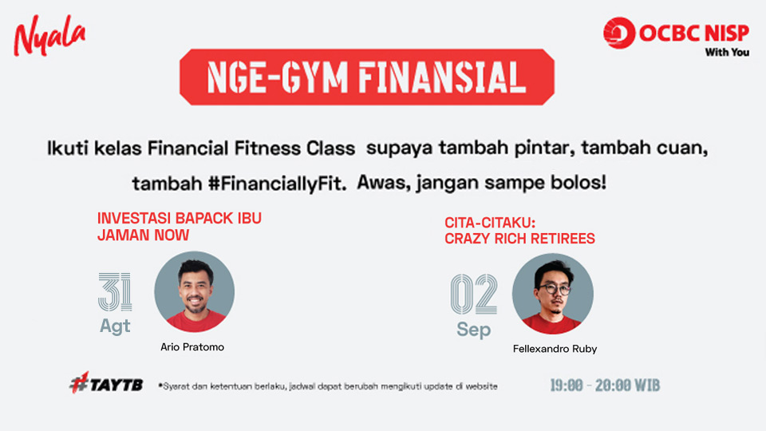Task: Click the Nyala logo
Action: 49,35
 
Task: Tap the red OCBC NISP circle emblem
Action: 619,33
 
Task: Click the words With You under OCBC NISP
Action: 727,53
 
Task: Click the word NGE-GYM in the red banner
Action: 277,77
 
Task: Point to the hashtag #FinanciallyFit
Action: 277,184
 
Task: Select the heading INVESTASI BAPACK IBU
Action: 180,218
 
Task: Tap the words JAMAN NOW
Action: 143,235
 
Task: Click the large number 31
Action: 115,292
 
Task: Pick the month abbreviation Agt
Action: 115,326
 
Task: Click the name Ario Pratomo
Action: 192,347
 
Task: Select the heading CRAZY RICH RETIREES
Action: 519,239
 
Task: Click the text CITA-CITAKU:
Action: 490,223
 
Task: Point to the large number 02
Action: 473,295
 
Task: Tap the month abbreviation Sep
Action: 474,330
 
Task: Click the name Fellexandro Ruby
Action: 555,349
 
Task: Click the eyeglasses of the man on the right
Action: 555,289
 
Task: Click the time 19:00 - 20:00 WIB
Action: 605,386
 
